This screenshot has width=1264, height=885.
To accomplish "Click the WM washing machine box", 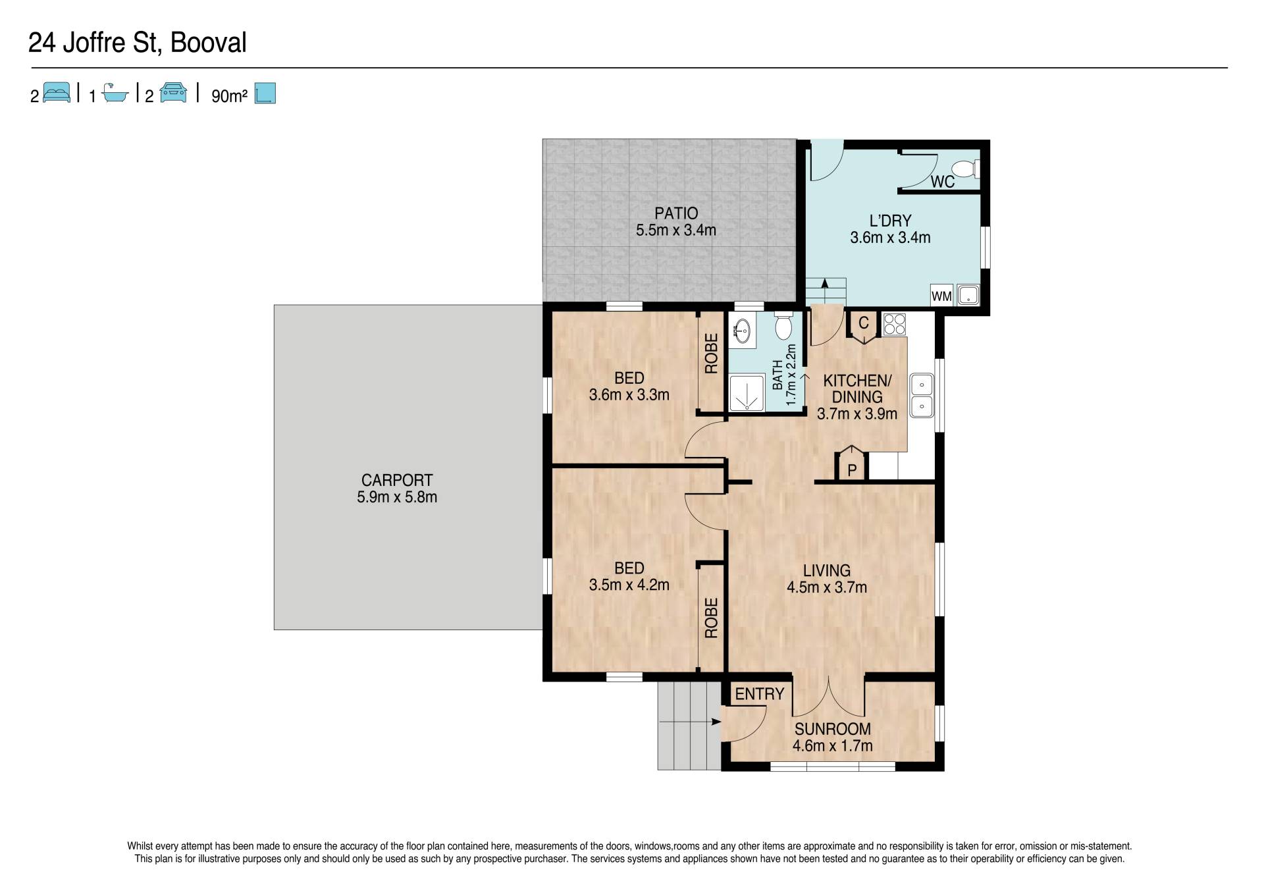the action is point(941,296).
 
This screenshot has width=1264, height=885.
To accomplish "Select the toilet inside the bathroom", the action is point(784,326).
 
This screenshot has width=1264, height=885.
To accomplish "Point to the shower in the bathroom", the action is point(747,393).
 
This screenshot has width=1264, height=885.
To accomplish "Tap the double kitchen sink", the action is point(922,395).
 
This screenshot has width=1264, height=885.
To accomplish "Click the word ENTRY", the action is point(759,693).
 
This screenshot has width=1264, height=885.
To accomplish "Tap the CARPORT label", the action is point(397,480).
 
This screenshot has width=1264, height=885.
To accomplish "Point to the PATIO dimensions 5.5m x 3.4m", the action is point(676,230).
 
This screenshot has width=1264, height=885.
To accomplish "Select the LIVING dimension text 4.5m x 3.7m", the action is point(827,587).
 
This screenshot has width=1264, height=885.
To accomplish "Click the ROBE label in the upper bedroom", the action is point(711,354).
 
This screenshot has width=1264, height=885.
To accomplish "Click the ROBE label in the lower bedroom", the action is point(711,618).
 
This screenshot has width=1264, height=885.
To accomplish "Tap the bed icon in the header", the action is point(57,92).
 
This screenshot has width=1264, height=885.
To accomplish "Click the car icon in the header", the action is point(173,92).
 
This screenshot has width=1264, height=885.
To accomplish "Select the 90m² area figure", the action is point(229,95).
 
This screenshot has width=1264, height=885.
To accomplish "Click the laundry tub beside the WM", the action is point(968,295).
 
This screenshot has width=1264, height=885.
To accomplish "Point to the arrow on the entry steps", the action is point(689,722).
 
